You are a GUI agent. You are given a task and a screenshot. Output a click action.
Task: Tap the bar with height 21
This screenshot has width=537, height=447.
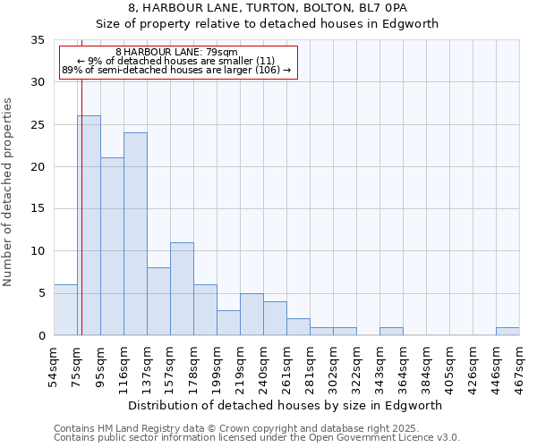[112, 247]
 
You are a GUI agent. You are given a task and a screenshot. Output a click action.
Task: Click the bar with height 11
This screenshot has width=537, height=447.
[182, 289]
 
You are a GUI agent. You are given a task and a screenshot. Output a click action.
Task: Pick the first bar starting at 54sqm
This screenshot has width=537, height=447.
[65, 310]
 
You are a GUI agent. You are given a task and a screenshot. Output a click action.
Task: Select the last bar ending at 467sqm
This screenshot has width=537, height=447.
[507, 332]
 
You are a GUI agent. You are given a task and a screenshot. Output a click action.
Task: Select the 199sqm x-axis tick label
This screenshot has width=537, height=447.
[217, 367]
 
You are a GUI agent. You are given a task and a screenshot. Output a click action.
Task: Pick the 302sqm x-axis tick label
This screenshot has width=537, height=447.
[334, 367]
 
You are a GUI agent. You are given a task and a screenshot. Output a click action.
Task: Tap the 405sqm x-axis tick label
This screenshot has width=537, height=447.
[450, 367]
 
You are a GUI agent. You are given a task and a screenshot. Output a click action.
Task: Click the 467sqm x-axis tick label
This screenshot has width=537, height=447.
[520, 367]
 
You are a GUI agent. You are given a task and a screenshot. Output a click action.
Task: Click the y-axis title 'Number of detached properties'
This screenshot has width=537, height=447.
[8, 192]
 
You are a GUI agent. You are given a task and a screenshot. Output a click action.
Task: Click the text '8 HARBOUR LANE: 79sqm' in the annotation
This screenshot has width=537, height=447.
[176, 53]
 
